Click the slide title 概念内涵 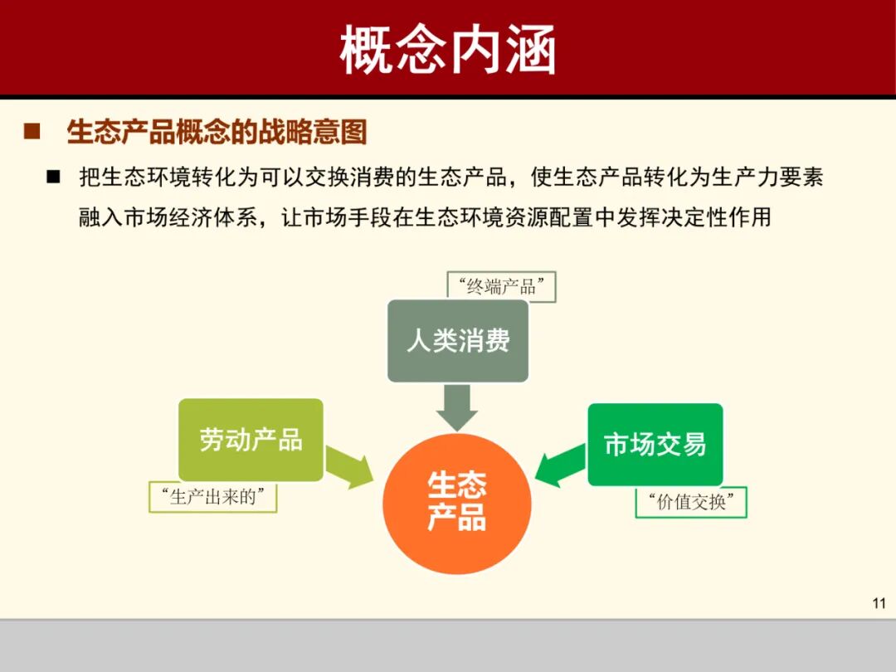pos(447,50)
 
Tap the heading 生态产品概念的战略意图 pos(217,132)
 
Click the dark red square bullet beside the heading pos(32,132)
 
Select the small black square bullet pos(55,177)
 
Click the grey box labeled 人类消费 pos(458,340)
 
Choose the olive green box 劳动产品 pos(251,440)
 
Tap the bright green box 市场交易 pos(655,445)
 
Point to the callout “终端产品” pos(501,287)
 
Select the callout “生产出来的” pos(213,497)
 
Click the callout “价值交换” pos(691,503)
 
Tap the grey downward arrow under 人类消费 pos(457,407)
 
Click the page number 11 pos(879,603)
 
